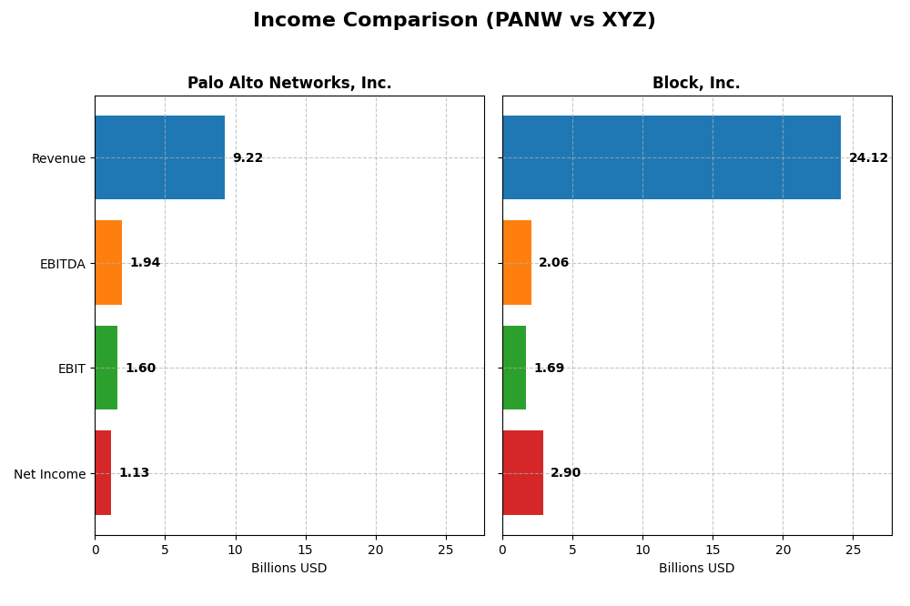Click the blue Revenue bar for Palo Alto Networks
[159, 157]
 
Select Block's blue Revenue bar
[671, 157]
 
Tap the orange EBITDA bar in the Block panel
[517, 262]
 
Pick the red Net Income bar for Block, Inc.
[522, 472]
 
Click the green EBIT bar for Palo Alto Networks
[106, 368]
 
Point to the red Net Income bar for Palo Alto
[103, 472]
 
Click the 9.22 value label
[248, 158]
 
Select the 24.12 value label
[868, 158]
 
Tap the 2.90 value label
[565, 473]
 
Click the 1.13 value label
[134, 473]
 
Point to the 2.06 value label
[553, 263]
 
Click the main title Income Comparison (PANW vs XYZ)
[454, 20]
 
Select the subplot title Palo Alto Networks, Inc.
[289, 84]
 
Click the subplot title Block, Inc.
[696, 84]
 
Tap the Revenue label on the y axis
[58, 158]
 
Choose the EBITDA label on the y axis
[62, 264]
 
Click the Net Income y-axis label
[49, 474]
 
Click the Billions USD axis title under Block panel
[696, 569]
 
